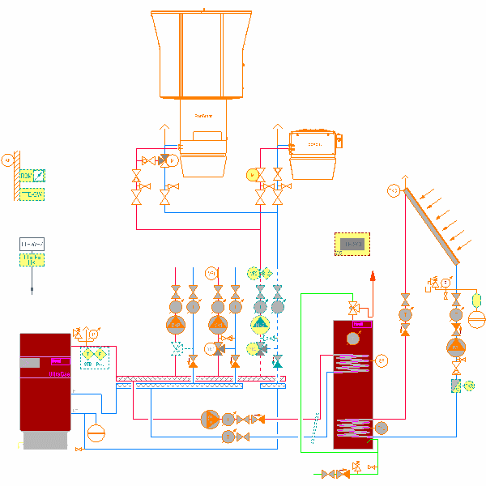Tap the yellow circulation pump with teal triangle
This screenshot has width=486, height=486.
click(259, 325)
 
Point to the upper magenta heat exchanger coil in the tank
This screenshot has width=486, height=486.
click(352, 362)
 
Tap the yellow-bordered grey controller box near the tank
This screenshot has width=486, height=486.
click(352, 243)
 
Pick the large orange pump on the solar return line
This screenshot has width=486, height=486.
click(457, 347)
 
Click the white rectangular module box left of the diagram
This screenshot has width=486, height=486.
click(32, 244)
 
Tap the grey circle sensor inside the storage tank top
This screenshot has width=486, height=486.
click(352, 338)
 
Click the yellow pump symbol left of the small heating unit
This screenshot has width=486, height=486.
click(252, 174)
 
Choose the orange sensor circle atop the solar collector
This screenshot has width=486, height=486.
click(394, 190)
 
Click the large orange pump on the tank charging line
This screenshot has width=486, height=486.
click(209, 418)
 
